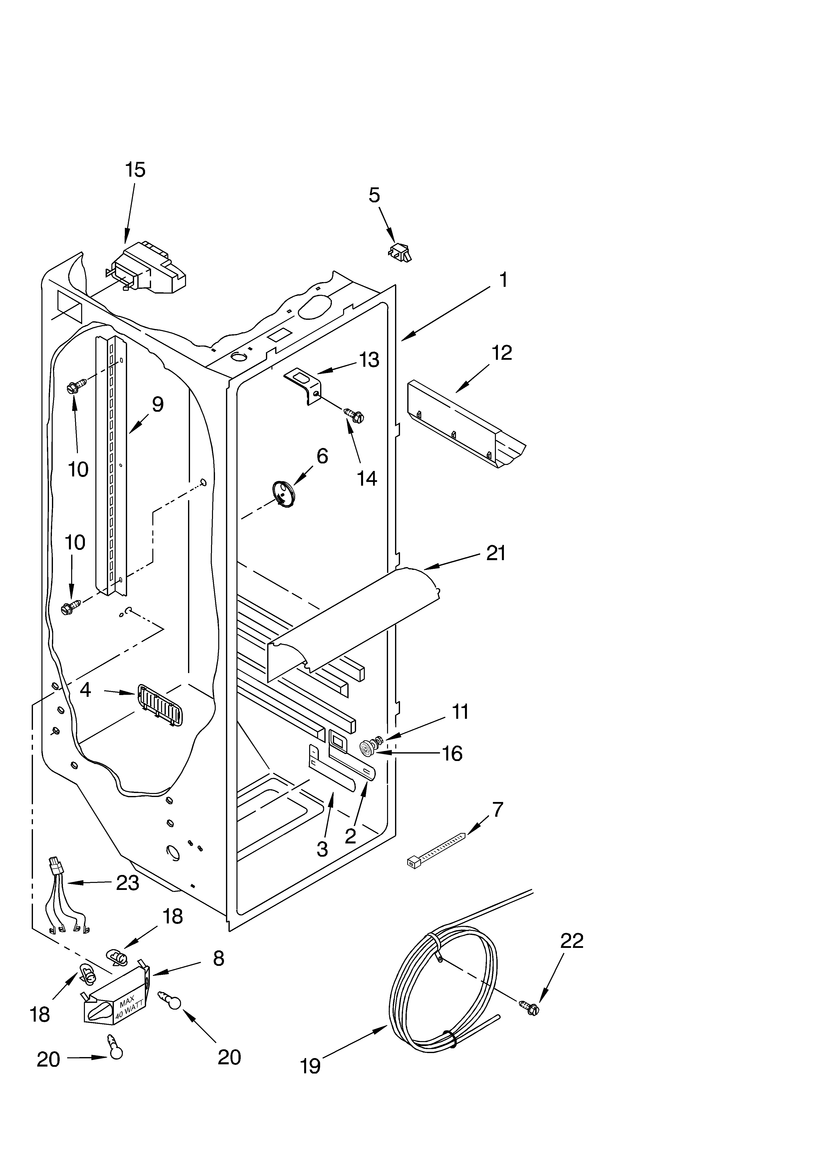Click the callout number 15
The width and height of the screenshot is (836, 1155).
(135, 170)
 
